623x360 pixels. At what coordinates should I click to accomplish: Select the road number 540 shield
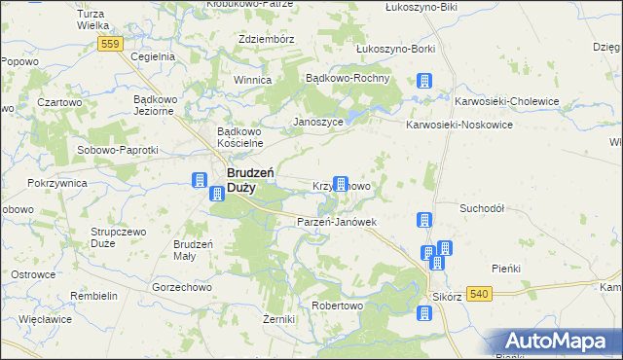tap(478, 294)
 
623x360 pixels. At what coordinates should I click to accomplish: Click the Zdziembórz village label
tap(267, 39)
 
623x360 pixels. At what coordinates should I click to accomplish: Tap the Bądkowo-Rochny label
tap(348, 78)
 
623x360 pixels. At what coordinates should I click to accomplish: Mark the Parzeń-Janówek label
tap(336, 222)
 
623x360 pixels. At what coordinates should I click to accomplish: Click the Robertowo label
tap(337, 305)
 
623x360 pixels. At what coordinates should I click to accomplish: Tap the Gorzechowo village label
tap(182, 288)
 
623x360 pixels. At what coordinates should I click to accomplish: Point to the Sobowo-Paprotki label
tap(117, 150)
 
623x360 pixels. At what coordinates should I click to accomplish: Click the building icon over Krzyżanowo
tap(341, 183)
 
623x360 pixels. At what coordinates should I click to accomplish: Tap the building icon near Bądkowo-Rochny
tap(424, 83)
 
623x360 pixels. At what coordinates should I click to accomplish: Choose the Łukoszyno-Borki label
tap(395, 48)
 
